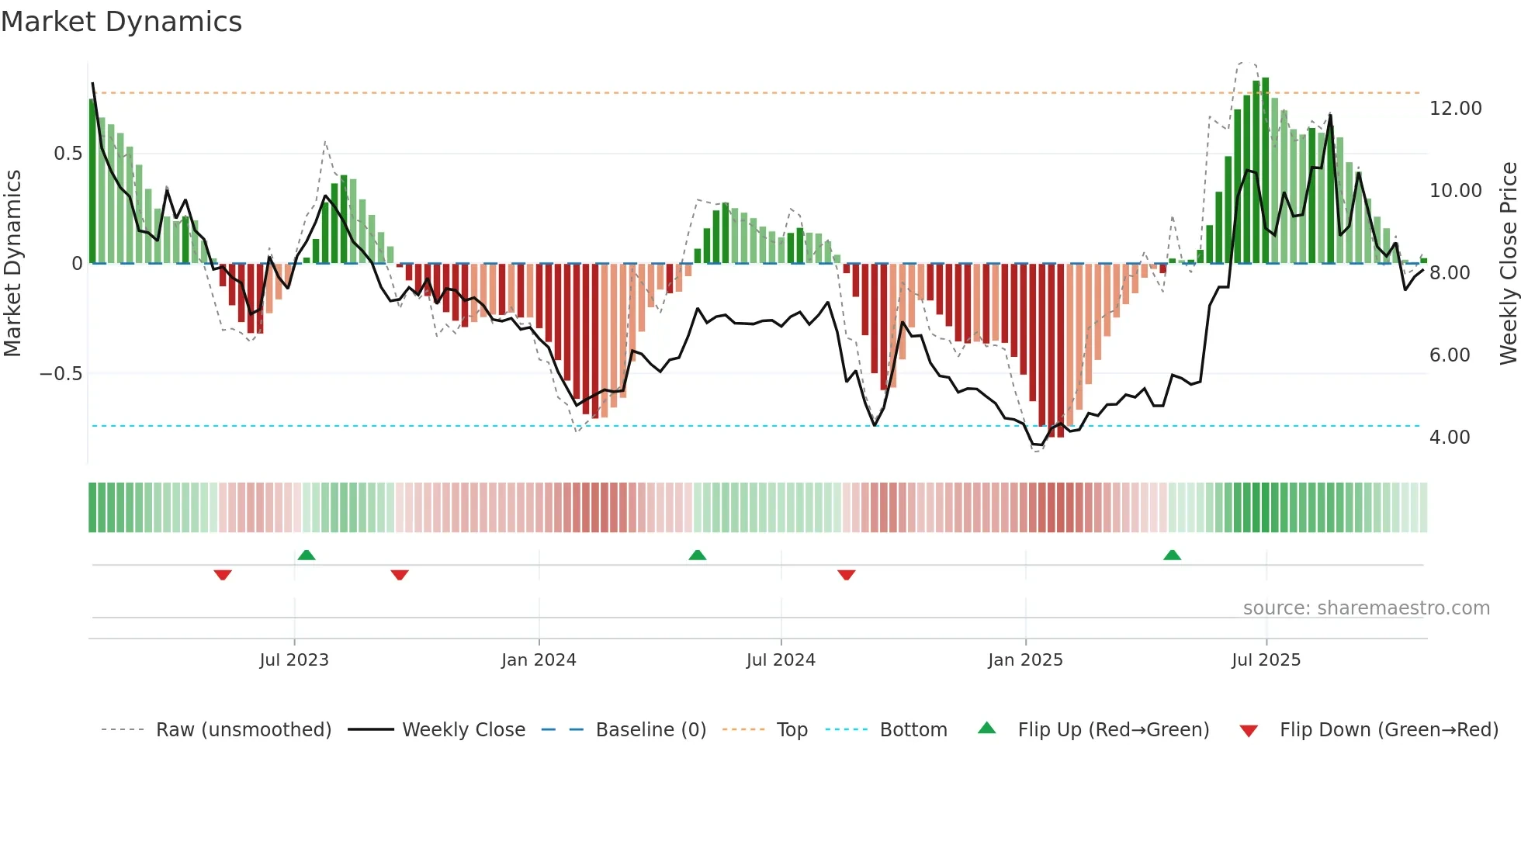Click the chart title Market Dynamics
121,22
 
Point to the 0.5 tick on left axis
68,154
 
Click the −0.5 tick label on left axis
61,374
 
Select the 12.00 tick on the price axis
1455,109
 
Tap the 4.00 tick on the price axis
1449,438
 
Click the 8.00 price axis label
1449,273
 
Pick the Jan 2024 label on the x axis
539,660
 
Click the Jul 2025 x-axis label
1266,660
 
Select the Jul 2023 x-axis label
294,660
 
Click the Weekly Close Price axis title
1508,264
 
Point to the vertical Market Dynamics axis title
12,264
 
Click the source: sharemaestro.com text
1366,608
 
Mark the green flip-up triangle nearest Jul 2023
307,556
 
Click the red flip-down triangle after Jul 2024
847,575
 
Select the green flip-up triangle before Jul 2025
1172,556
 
